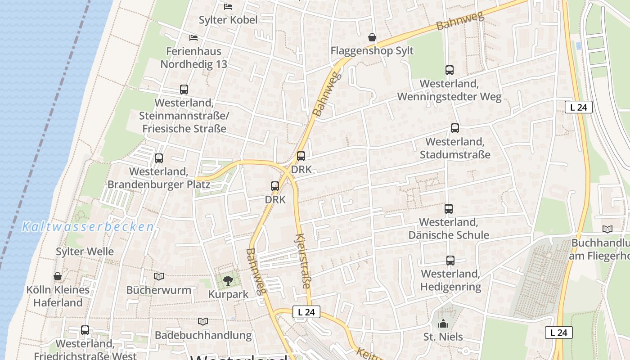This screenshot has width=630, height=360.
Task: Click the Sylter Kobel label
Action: pos(228,20)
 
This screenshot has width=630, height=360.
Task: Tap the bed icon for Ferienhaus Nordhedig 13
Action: pos(193,37)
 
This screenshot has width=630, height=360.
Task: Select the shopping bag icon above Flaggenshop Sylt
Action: pos(372,37)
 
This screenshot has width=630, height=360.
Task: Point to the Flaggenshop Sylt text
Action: pos(372,50)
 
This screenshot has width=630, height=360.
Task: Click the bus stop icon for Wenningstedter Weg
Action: pos(449,70)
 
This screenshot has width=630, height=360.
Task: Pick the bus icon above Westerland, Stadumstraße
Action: pos(454,128)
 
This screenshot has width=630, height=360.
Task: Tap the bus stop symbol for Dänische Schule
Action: pos(448,208)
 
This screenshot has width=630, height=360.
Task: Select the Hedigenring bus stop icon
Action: pos(450,260)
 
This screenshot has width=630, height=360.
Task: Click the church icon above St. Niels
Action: pos(443,324)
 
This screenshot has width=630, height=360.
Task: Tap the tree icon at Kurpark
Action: pos(228,281)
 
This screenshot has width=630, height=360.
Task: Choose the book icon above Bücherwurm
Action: pos(158,276)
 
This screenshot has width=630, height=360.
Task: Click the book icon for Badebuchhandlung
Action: pos(203,321)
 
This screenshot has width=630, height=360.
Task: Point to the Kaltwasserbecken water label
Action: pos(88,226)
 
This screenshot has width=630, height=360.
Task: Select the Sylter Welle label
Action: pos(85,251)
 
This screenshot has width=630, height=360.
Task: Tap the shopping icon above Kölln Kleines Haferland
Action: pos(58,276)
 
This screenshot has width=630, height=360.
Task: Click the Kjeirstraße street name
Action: pos(303,261)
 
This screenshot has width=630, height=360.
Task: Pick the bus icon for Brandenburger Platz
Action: pos(158,158)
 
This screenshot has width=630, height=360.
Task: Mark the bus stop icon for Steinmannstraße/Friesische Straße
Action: pos(184,89)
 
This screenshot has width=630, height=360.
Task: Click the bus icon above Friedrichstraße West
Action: pos(85,330)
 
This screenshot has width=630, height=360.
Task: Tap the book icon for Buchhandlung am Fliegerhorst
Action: pos(607,229)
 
